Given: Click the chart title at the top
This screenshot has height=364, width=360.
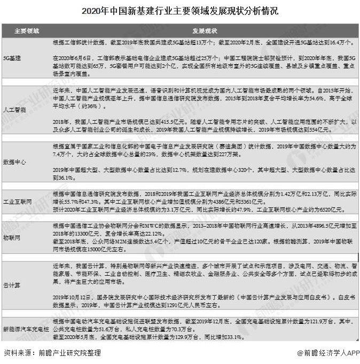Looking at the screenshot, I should pos(180,11).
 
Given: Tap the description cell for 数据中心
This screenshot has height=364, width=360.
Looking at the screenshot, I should pos(203,161).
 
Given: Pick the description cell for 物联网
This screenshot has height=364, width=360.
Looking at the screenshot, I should pos(203,237).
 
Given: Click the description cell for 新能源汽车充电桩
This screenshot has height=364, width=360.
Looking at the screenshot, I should pos(203,327).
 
